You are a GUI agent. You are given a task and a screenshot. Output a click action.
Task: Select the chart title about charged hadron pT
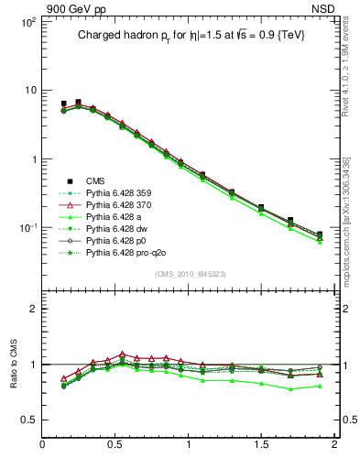[x=190, y=35]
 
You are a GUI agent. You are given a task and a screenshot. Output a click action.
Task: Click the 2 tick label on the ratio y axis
[x=31, y=309]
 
